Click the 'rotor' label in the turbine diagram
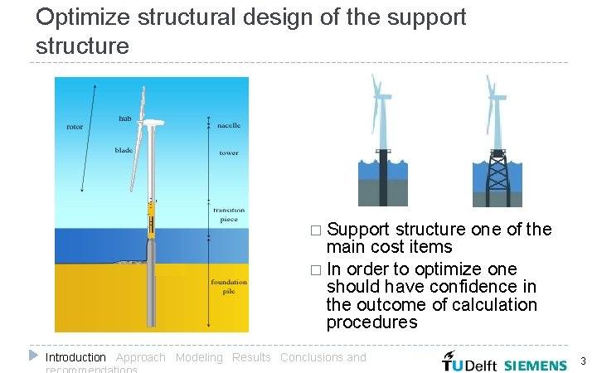pyautogui.click(x=75, y=127)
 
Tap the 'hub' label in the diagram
pyautogui.click(x=124, y=119)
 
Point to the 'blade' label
pyautogui.click(x=124, y=150)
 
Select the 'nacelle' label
pyautogui.click(x=229, y=125)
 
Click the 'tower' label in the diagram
pyautogui.click(x=229, y=153)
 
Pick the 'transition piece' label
pyautogui.click(x=229, y=215)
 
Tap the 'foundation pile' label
pyautogui.click(x=229, y=287)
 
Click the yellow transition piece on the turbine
pyautogui.click(x=152, y=220)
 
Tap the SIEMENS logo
pyautogui.click(x=536, y=365)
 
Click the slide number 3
pyautogui.click(x=583, y=361)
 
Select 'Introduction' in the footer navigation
pyautogui.click(x=75, y=357)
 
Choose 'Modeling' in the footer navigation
pyautogui.click(x=199, y=357)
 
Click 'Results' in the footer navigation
pyautogui.click(x=251, y=357)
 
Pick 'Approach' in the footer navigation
pyautogui.click(x=140, y=357)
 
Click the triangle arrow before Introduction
pyautogui.click(x=33, y=356)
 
